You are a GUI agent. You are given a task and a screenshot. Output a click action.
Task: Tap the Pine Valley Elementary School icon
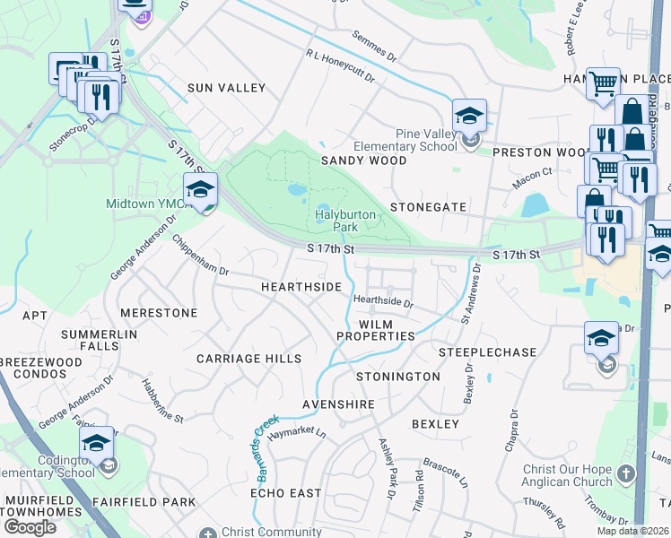tap(469, 117)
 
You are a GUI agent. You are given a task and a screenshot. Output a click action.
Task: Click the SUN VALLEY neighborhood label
tap(226, 88)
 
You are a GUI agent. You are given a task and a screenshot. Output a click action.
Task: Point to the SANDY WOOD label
tap(363, 161)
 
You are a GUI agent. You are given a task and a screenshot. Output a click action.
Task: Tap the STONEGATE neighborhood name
tap(428, 207)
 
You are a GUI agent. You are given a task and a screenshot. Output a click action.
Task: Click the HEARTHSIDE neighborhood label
tap(301, 287)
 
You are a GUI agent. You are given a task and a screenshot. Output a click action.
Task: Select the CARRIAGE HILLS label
tap(249, 359)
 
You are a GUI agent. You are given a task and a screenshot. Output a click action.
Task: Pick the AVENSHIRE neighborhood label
tap(338, 405)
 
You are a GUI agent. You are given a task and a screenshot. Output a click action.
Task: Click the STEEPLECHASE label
tap(487, 352)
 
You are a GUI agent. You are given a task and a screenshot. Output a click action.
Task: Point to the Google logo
tap(30, 527)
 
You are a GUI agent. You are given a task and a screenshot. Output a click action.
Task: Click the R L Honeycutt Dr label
tap(340, 68)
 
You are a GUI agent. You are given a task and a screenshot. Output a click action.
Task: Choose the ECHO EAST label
tap(285, 493)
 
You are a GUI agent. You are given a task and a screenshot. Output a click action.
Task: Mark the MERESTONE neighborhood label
tap(159, 313)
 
